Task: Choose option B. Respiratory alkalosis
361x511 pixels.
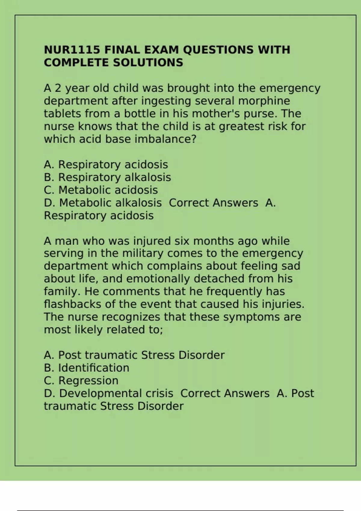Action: [107, 177]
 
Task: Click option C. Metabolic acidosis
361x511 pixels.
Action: [101, 190]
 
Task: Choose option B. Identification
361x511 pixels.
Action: [87, 368]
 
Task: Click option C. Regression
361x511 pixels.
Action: [81, 381]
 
